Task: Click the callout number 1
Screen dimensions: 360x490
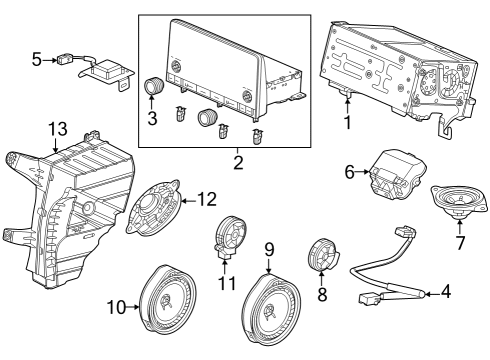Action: (347, 126)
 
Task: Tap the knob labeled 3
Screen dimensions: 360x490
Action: (155, 87)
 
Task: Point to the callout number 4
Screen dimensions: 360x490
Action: (447, 294)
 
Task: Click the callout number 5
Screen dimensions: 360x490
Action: (37, 60)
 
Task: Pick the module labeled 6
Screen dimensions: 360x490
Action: (393, 177)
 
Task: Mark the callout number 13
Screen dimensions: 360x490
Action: (58, 127)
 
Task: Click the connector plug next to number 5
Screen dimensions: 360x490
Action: (69, 59)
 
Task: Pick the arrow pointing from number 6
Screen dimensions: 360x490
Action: (363, 173)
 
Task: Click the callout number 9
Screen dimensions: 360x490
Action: (270, 248)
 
